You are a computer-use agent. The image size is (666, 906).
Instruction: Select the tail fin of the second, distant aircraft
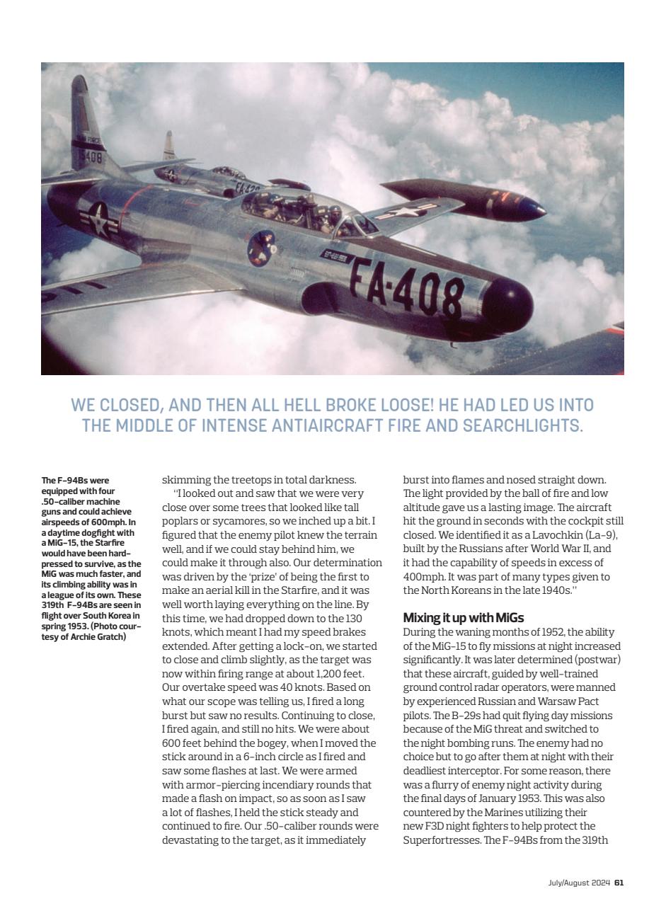[169, 147]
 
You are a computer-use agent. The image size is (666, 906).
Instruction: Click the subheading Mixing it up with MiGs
[463, 618]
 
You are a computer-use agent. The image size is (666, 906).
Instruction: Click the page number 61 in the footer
[619, 882]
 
